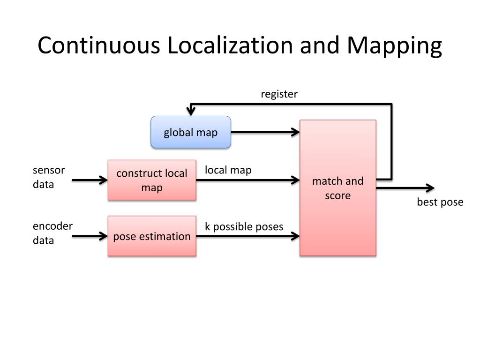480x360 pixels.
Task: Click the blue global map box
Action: click(x=190, y=132)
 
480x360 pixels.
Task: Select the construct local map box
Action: click(x=152, y=180)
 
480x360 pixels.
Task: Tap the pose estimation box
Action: click(x=152, y=236)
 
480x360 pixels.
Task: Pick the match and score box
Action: click(x=337, y=188)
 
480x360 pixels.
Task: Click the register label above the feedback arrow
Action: click(x=279, y=94)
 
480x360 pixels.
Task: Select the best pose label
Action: click(x=440, y=202)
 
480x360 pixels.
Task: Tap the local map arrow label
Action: click(x=228, y=170)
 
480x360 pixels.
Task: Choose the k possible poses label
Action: click(x=244, y=227)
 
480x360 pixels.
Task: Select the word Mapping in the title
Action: click(x=394, y=46)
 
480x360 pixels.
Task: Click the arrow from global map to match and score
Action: click(x=265, y=132)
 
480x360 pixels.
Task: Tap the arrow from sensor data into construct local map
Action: click(x=90, y=180)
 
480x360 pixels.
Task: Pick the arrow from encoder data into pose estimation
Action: click(x=90, y=236)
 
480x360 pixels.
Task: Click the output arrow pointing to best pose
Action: click(x=405, y=188)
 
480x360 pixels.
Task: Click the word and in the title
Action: click(x=320, y=46)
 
